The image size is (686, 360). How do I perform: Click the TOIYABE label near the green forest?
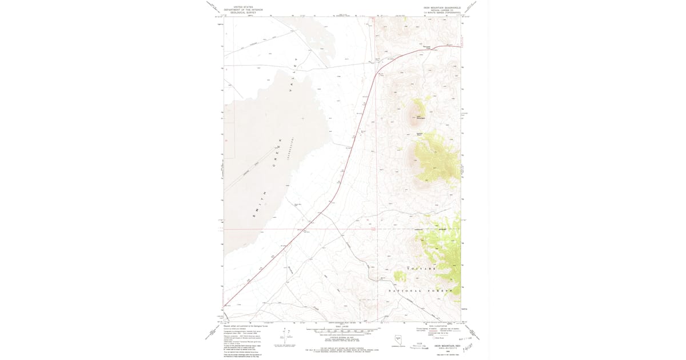(x=421, y=268)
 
